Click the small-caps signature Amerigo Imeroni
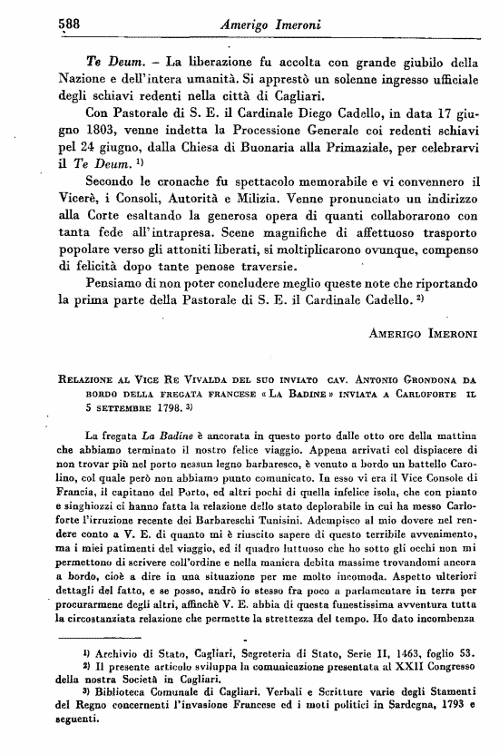pos(423,334)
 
